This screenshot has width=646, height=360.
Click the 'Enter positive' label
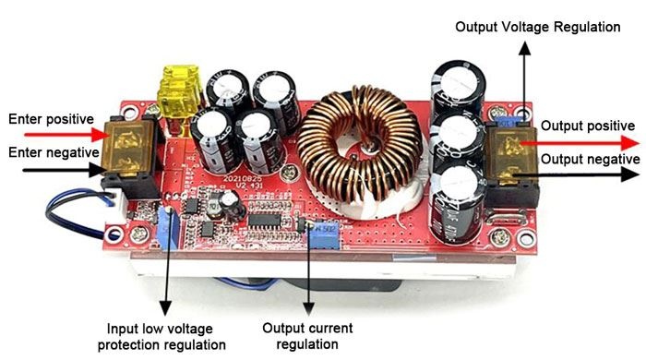pos(51,119)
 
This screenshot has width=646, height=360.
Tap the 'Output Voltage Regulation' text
pos(538,27)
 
